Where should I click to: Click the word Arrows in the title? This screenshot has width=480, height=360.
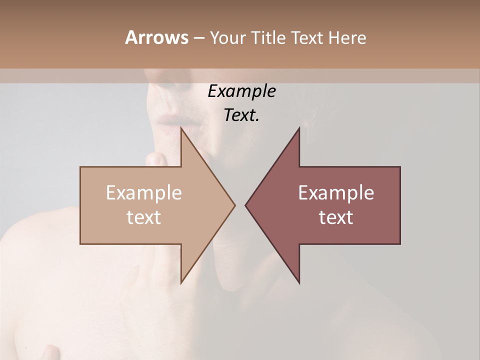[x=156, y=37]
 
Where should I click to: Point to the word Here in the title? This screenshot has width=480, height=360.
[x=347, y=38]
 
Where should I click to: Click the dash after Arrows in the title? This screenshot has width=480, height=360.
[x=198, y=38]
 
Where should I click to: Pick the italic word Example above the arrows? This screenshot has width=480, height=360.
[x=241, y=91]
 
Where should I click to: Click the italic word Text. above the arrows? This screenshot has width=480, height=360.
[x=241, y=115]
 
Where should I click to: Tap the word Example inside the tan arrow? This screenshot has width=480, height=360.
[x=144, y=193]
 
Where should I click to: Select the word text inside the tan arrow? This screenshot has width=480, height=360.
[x=144, y=217]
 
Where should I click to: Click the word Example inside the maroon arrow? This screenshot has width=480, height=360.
[x=336, y=193]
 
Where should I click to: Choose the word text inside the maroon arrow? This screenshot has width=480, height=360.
[x=336, y=217]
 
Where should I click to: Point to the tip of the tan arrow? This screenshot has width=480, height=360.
[x=234, y=205]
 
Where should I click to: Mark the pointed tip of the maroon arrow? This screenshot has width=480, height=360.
[x=246, y=205]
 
